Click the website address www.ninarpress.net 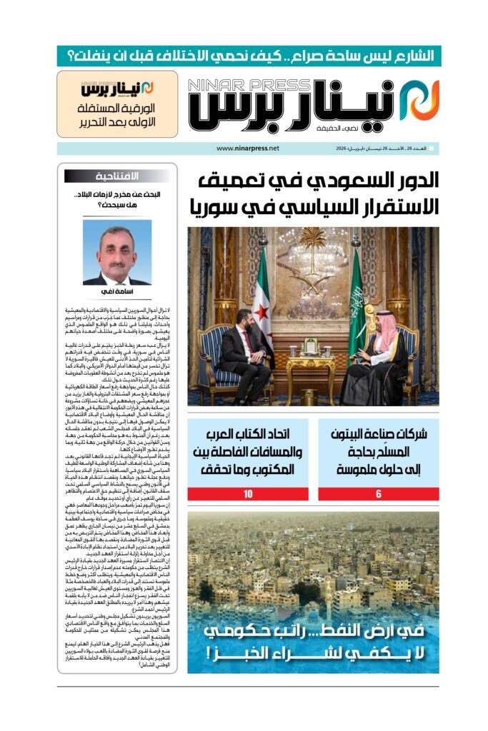pyautogui.click(x=247, y=148)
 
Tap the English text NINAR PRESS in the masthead pyautogui.click(x=245, y=85)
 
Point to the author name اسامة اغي pyautogui.click(x=117, y=292)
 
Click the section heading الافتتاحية pyautogui.click(x=131, y=176)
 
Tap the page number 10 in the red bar pyautogui.click(x=247, y=493)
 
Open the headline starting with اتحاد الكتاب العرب pyautogui.click(x=247, y=450)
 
